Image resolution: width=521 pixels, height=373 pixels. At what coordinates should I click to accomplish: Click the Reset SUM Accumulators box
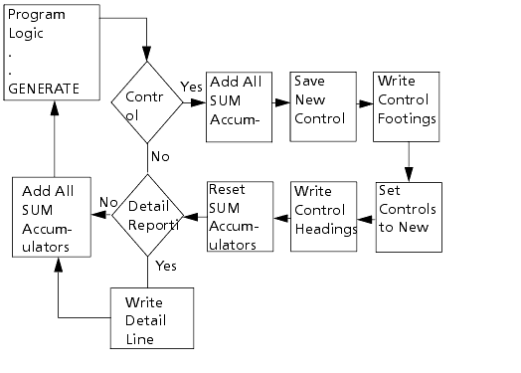click(240, 217)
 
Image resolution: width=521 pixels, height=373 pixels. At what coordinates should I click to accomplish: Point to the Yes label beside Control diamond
click(191, 89)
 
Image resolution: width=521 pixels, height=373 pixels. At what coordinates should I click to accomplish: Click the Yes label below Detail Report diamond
click(167, 267)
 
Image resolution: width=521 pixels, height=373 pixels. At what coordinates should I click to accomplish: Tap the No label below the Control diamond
click(158, 156)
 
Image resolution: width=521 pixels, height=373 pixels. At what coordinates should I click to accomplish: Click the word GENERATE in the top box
click(43, 88)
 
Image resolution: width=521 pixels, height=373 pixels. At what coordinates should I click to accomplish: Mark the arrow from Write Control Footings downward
click(408, 159)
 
